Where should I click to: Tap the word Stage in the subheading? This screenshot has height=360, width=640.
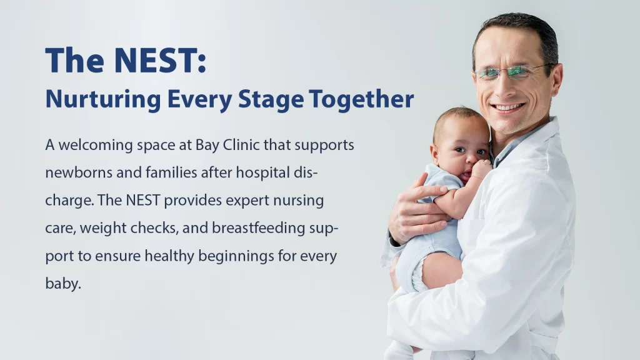pos(271,99)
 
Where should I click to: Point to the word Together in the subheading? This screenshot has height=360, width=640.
pos(361,99)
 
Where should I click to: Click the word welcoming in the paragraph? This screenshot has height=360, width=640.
pos(96,145)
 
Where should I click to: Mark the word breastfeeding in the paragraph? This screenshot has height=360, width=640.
pos(258,228)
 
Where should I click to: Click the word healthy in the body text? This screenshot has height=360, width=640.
pos(169,256)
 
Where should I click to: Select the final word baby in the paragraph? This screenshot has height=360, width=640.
pos(63,283)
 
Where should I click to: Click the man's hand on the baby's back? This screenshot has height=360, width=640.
pos(421,208)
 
